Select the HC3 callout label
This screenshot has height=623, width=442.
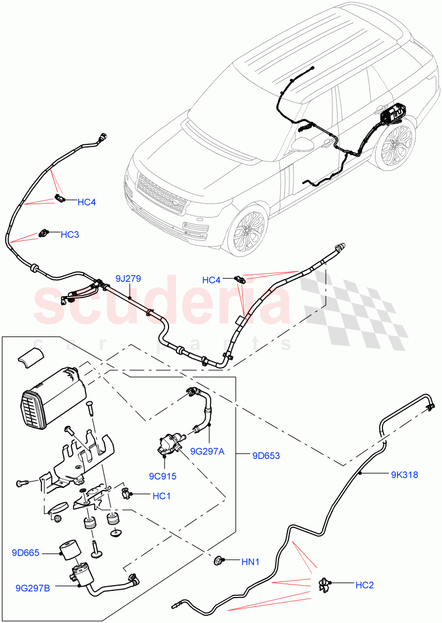tap(70, 235)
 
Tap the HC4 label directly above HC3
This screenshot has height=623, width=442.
tap(87, 202)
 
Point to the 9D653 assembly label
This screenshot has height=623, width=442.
tap(266, 456)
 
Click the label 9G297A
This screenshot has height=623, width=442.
tap(206, 451)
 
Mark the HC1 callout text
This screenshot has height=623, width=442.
tap(161, 496)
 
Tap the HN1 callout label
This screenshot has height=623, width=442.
tap(250, 561)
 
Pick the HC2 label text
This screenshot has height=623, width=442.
tap(364, 585)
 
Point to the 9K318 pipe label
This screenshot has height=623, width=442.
tap(404, 474)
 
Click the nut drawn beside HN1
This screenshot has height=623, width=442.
tap(219, 560)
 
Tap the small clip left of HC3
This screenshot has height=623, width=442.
tap(45, 234)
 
